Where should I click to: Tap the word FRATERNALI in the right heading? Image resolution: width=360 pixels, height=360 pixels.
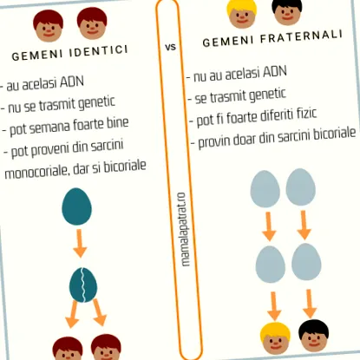click(301, 37)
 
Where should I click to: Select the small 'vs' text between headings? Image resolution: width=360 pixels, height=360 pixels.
click(171, 47)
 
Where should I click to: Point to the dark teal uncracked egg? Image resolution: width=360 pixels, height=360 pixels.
click(76, 206)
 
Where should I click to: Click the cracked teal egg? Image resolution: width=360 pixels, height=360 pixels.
click(83, 285)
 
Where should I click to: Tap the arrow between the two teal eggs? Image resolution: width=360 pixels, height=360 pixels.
click(80, 243)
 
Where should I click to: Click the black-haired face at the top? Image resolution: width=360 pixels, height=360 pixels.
click(287, 11)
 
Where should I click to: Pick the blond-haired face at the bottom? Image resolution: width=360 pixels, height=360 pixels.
click(275, 338)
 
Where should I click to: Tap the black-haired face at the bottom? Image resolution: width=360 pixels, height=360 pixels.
click(313, 336)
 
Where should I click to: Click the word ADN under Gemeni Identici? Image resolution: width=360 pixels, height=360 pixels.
click(72, 82)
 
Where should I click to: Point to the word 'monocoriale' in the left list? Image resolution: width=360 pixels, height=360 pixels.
click(36, 172)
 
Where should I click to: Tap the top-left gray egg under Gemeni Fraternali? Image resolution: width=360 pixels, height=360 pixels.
click(265, 189)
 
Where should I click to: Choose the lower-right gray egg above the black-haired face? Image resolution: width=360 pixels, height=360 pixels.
click(306, 262)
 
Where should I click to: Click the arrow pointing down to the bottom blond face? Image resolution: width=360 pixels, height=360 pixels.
click(274, 306)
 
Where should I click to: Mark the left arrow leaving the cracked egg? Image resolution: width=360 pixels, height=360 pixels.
click(72, 314)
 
